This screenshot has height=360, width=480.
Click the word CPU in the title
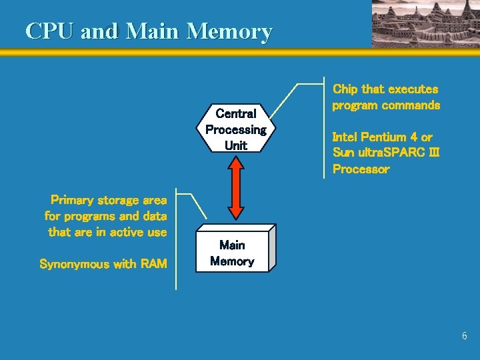(x=49, y=31)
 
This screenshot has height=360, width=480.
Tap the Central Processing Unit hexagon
(x=235, y=129)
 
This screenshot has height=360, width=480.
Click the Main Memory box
(x=232, y=253)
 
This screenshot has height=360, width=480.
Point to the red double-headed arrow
(x=235, y=190)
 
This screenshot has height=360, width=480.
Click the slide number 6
(x=465, y=336)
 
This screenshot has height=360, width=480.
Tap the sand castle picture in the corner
(x=425, y=23)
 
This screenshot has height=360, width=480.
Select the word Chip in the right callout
(x=345, y=89)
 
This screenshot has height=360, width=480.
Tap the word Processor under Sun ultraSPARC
(x=361, y=169)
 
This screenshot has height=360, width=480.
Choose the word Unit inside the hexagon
(x=235, y=145)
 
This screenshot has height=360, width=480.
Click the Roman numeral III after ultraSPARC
(x=433, y=153)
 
